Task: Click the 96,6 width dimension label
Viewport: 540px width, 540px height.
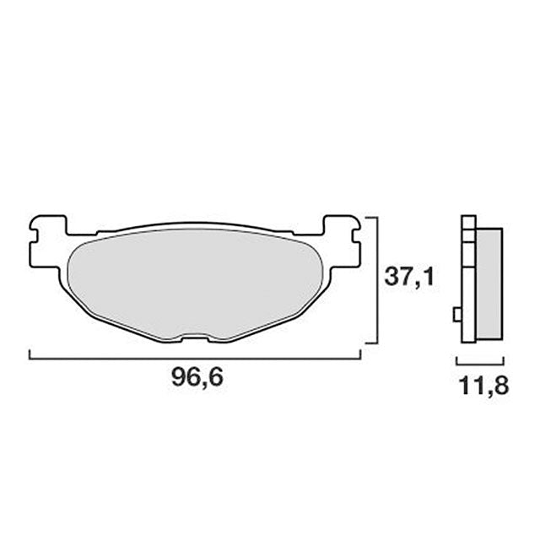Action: [x=197, y=379]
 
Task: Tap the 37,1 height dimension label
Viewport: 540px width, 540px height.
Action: [x=408, y=276]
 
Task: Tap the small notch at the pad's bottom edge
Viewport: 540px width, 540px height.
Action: [x=195, y=339]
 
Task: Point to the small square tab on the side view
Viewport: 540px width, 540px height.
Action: [x=457, y=315]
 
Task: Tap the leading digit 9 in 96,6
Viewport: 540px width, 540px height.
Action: [x=179, y=379]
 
